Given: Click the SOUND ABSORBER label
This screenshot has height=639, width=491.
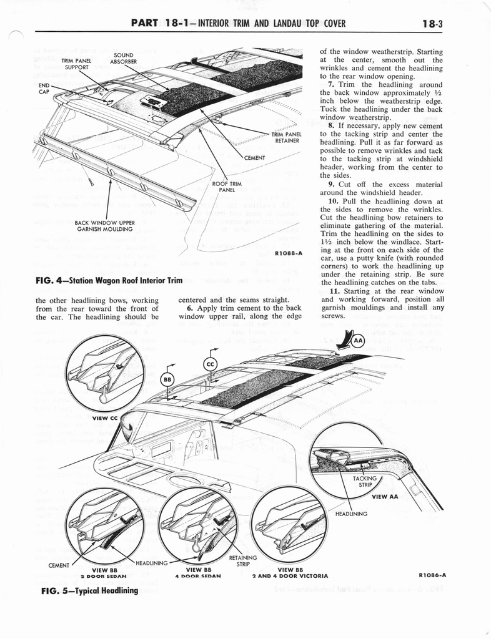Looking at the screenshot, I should point(124,59).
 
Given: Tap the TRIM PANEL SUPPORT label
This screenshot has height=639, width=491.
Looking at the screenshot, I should point(76,64).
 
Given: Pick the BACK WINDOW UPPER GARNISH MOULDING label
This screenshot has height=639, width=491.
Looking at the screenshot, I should point(106,225).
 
